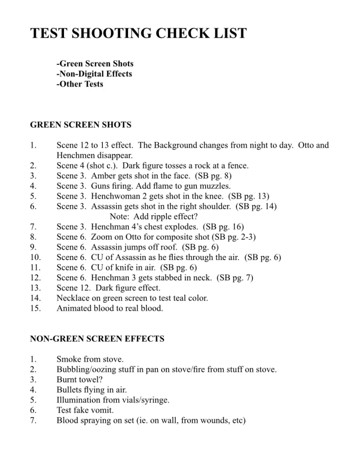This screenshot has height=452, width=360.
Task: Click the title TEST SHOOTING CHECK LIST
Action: (139, 34)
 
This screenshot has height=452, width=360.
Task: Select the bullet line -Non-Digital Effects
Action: (94, 74)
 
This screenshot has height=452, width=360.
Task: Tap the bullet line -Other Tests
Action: (80, 84)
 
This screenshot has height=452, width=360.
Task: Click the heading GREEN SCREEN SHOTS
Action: (81, 125)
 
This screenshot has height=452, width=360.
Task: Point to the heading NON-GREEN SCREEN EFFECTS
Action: (97, 339)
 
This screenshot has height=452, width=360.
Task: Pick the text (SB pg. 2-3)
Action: (234, 237)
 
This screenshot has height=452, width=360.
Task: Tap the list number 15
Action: (35, 308)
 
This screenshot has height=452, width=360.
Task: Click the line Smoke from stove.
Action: (90, 359)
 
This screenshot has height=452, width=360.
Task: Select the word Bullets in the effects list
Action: (69, 390)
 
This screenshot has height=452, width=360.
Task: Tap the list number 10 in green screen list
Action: (35, 257)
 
